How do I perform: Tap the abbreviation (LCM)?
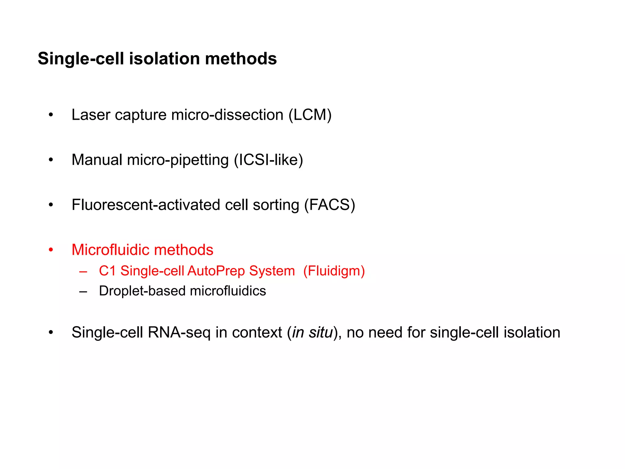coord(310,115)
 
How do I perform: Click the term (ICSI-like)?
coord(269,160)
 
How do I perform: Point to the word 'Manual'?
coord(97,160)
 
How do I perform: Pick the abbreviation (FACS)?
coord(330,205)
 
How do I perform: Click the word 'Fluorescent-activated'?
coord(146,205)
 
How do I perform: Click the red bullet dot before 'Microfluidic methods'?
coord(51,250)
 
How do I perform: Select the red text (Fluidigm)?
coord(334,271)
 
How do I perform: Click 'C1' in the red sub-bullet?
coord(107,271)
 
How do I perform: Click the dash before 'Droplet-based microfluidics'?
coord(83,292)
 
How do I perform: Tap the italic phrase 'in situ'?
coord(312,332)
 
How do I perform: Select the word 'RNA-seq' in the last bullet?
coord(179,332)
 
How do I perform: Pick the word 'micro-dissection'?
coord(227,115)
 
